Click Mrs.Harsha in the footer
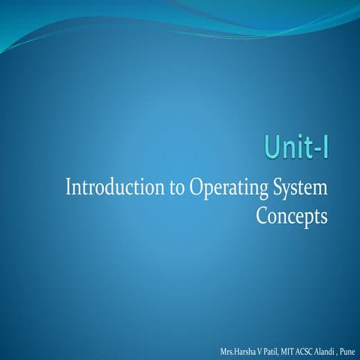pos(238,351)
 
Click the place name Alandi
pos(337,351)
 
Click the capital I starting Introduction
pos(70,187)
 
